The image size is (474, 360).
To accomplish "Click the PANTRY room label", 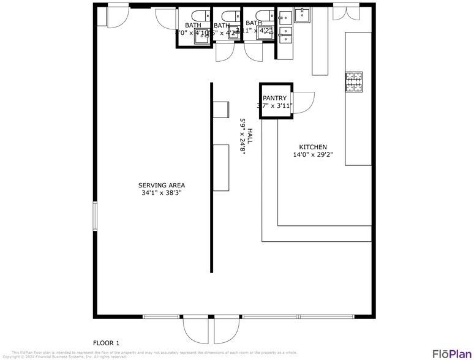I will point(274,98).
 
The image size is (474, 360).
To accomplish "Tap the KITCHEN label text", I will point(312,147).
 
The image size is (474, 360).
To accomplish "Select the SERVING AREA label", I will point(161,185).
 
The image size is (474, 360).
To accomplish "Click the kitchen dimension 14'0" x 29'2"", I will point(312,155).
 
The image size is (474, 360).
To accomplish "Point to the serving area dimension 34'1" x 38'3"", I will point(161,193).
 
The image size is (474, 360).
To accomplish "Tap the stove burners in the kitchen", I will point(355,82).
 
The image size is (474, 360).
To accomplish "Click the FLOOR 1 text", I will point(106,343).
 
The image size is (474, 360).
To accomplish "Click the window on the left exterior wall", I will point(94,217).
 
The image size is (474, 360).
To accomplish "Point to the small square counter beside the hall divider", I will point(220,108).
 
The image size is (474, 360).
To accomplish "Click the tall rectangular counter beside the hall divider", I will point(221,168).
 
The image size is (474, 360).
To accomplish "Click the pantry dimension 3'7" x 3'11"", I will point(274,106).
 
